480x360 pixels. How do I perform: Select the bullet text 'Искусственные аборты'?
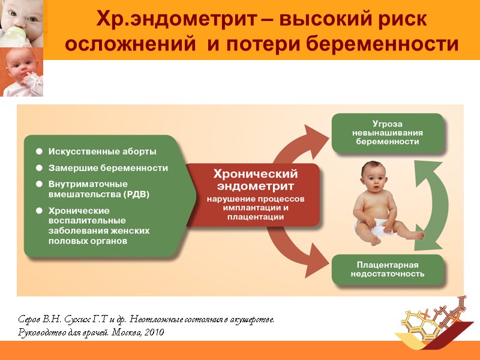click(103, 151)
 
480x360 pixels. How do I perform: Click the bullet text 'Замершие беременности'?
click(108, 168)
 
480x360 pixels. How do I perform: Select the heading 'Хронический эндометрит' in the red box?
click(256, 179)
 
